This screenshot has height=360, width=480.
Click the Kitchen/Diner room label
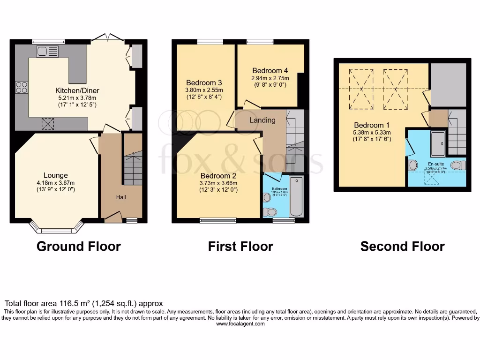[x=77, y=90]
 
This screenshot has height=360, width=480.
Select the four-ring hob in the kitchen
[x=22, y=87]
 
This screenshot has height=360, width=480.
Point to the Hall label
[x=121, y=197]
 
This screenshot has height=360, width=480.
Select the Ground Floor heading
[x=78, y=246]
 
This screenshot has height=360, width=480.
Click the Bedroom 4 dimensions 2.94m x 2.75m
[x=270, y=78]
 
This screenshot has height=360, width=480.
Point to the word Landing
[x=262, y=120]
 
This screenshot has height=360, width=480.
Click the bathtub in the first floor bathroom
[x=297, y=197]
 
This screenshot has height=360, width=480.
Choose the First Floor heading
[x=240, y=246]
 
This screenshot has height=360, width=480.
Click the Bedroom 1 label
[x=372, y=125]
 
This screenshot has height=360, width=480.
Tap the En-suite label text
[x=435, y=164]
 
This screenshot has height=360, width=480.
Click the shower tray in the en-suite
[x=438, y=143]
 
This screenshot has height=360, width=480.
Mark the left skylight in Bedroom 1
[x=361, y=89]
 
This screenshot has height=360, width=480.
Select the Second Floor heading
[x=402, y=246]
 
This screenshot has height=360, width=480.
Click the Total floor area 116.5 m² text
[x=83, y=304]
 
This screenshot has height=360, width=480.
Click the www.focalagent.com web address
[x=240, y=324]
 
